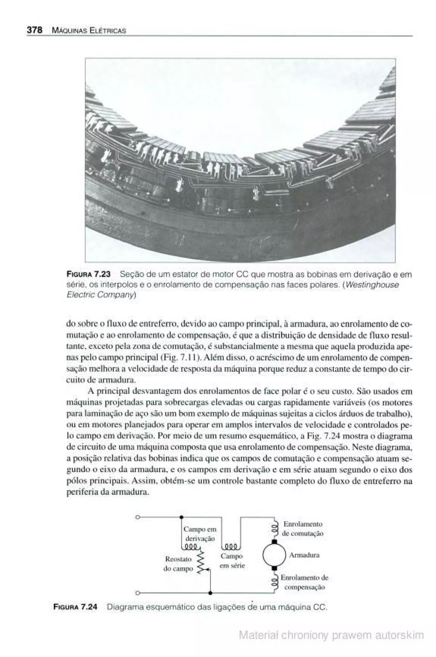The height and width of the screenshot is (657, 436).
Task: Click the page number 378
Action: tap(34, 30)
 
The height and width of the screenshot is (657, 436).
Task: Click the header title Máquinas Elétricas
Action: tap(89, 31)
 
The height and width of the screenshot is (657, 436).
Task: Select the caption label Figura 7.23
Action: tap(88, 274)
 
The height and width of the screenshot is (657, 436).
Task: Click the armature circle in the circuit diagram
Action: tap(274, 555)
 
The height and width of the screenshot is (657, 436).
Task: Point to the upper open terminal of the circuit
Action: tap(137, 517)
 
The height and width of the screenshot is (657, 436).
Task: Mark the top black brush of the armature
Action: tap(274, 542)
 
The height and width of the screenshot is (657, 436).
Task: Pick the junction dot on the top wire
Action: tap(181, 517)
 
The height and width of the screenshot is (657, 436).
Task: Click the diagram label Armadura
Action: tap(304, 555)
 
